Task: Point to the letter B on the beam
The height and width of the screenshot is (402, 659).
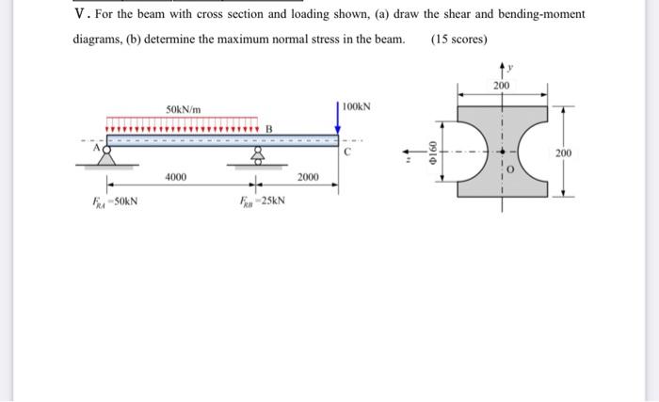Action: tap(268, 129)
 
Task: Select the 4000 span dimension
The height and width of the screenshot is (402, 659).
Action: tap(176, 177)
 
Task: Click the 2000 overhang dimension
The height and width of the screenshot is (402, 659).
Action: tap(309, 177)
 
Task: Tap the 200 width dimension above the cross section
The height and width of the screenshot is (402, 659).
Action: tap(501, 87)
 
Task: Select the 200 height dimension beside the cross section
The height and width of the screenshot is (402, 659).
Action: tap(563, 153)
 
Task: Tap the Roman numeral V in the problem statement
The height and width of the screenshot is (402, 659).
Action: tap(79, 14)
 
